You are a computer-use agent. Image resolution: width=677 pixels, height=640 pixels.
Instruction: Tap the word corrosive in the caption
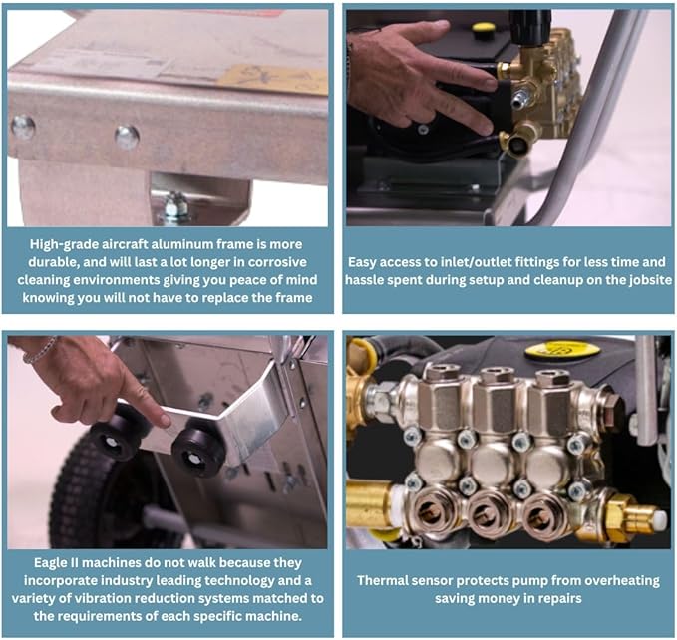[277, 262]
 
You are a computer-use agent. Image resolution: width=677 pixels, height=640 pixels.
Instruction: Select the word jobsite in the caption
[650, 280]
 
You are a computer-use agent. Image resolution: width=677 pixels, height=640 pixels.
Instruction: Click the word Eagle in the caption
[50, 563]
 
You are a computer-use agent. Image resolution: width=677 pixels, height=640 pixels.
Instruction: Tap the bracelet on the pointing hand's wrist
[40, 350]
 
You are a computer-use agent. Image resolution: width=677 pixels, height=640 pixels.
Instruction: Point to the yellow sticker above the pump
[562, 350]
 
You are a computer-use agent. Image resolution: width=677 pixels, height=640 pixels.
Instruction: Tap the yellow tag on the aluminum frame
[272, 79]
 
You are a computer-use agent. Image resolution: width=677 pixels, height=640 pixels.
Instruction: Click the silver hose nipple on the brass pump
[519, 99]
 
